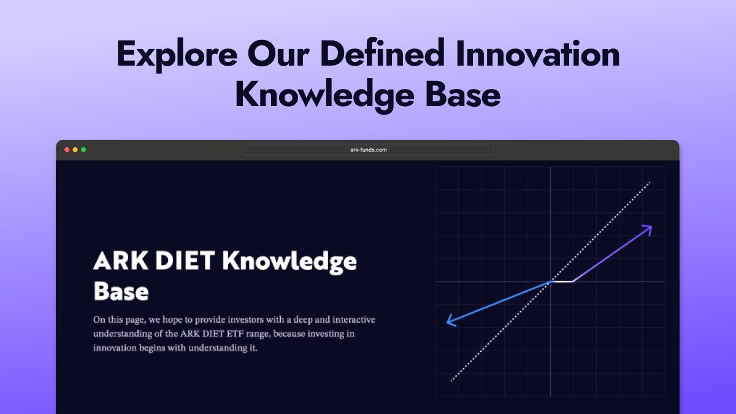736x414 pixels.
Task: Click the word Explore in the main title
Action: pos(176,55)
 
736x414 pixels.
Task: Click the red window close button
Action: pos(67,150)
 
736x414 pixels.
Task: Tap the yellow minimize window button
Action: pos(75,150)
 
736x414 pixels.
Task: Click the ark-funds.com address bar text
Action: pos(368,150)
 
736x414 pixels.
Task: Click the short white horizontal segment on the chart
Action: pos(562,282)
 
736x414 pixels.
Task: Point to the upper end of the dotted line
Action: pos(649,183)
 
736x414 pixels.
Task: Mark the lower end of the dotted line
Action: pos(452,380)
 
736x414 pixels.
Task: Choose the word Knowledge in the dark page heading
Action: pos(289,261)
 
